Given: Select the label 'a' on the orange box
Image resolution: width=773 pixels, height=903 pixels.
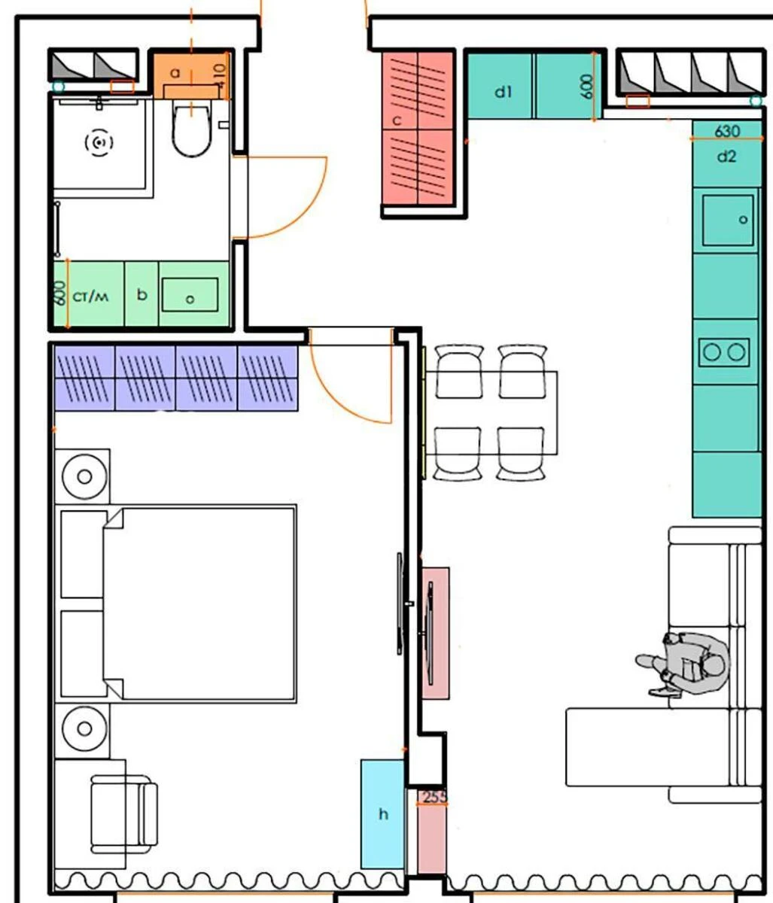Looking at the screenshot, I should tap(175, 73).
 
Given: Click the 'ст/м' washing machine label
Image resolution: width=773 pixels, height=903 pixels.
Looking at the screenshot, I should tap(90, 296).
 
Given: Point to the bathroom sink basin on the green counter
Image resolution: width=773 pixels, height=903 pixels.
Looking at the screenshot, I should tap(190, 293).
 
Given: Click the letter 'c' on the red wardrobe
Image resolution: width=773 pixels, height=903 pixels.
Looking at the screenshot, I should tap(397, 120).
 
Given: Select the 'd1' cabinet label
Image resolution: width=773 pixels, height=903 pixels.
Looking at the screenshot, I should tap(503, 92).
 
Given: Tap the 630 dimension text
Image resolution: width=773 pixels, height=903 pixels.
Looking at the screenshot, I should tap(726, 131).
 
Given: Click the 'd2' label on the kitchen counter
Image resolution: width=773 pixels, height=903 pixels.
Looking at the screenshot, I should tap(726, 157).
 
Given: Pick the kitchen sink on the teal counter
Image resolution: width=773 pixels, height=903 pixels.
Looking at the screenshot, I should tap(727, 220).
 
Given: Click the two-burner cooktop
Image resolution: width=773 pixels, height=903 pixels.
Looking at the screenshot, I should tap(723, 351).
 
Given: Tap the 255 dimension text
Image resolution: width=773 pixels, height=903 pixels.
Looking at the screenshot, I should tap(433, 797).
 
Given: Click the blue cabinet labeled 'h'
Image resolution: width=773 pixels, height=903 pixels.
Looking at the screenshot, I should tap(383, 814).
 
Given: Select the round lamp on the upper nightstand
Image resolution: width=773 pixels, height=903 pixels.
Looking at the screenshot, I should tap(84, 477).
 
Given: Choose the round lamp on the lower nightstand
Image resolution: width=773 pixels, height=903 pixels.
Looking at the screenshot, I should tap(84, 728).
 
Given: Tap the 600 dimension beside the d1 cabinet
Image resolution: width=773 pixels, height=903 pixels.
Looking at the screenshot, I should tap(587, 86).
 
